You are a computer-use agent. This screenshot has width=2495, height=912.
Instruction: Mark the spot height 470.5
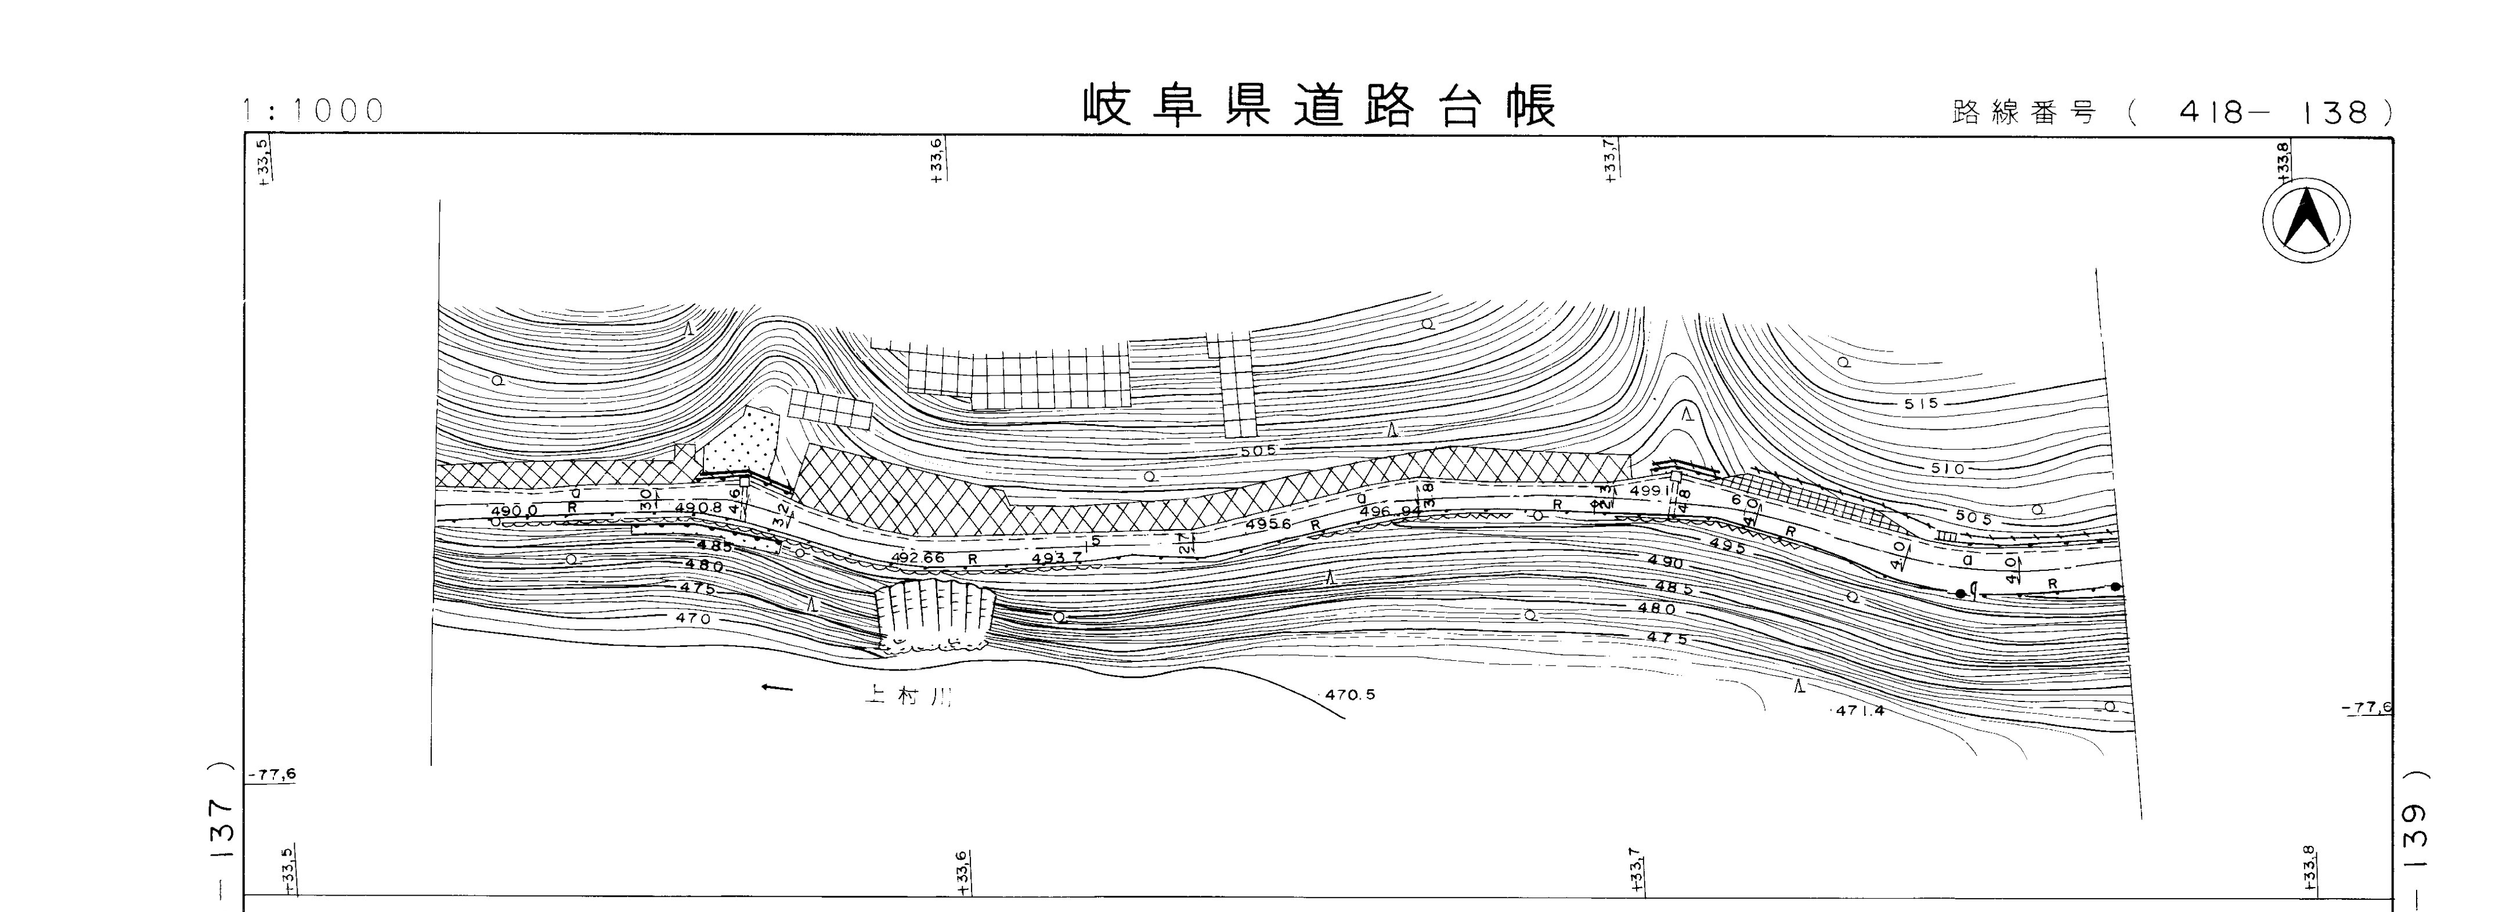point(1350,695)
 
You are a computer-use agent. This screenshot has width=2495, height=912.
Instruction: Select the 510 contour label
point(1948,469)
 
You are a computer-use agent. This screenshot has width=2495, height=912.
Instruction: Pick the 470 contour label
point(692,618)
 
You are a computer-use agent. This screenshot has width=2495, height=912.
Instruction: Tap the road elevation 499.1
point(1651,491)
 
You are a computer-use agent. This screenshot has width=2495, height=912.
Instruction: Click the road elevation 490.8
point(698,507)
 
